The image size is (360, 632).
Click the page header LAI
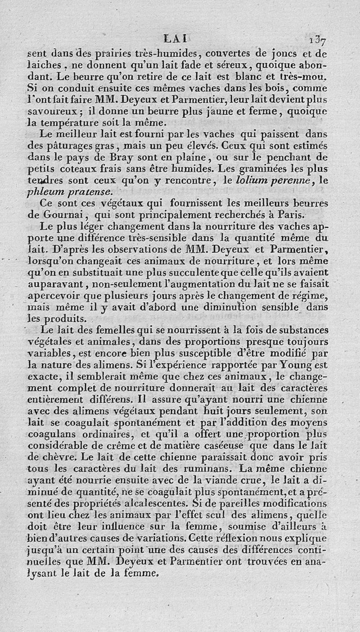179,40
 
